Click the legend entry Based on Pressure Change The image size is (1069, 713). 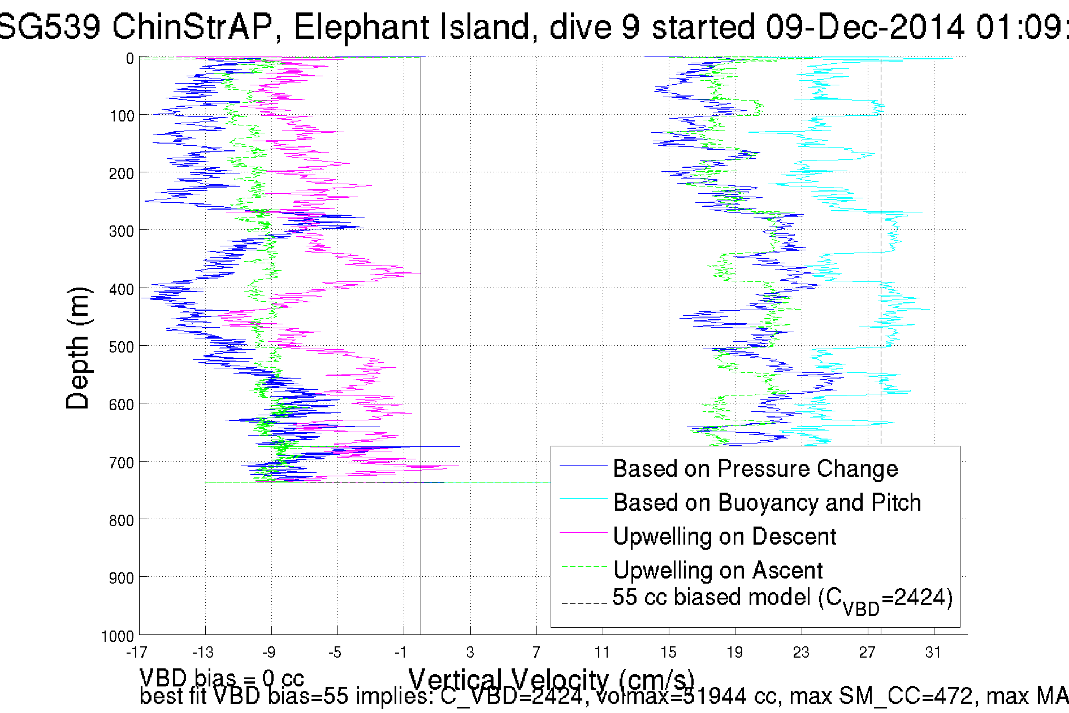(x=755, y=469)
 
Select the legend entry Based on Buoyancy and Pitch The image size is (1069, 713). (x=767, y=503)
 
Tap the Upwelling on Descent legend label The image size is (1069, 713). (x=724, y=537)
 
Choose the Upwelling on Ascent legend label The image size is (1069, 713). (x=717, y=571)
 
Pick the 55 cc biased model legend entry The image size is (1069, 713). (x=782, y=598)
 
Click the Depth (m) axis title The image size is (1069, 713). (x=77, y=348)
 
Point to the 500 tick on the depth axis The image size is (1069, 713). (x=121, y=347)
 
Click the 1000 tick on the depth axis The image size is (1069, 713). (x=117, y=637)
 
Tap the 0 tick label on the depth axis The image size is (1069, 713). (x=129, y=59)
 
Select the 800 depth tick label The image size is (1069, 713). (x=121, y=520)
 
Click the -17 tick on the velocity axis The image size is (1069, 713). (x=136, y=653)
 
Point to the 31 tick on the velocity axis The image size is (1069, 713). (x=933, y=653)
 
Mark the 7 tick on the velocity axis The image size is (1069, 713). (x=536, y=653)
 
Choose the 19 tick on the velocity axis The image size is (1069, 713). (x=734, y=653)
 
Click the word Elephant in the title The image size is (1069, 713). (x=411, y=27)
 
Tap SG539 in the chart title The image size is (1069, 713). (x=50, y=27)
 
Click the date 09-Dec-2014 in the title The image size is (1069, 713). (x=865, y=27)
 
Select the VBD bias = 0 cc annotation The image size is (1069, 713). (x=222, y=677)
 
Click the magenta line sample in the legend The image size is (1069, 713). (x=582, y=533)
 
